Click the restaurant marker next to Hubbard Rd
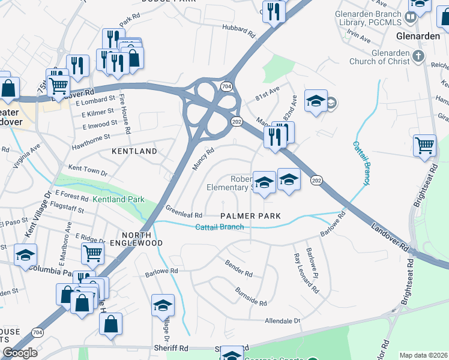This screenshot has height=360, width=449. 274,12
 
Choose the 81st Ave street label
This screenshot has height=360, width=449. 268,92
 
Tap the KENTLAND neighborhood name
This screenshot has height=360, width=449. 134,152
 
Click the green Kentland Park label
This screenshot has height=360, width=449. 119,199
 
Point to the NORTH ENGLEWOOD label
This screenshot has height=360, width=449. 142,239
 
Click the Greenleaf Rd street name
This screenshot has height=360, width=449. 184,211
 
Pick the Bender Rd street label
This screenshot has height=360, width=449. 238,268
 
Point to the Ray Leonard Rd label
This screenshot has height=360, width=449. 307,274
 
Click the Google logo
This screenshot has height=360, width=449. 20,353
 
